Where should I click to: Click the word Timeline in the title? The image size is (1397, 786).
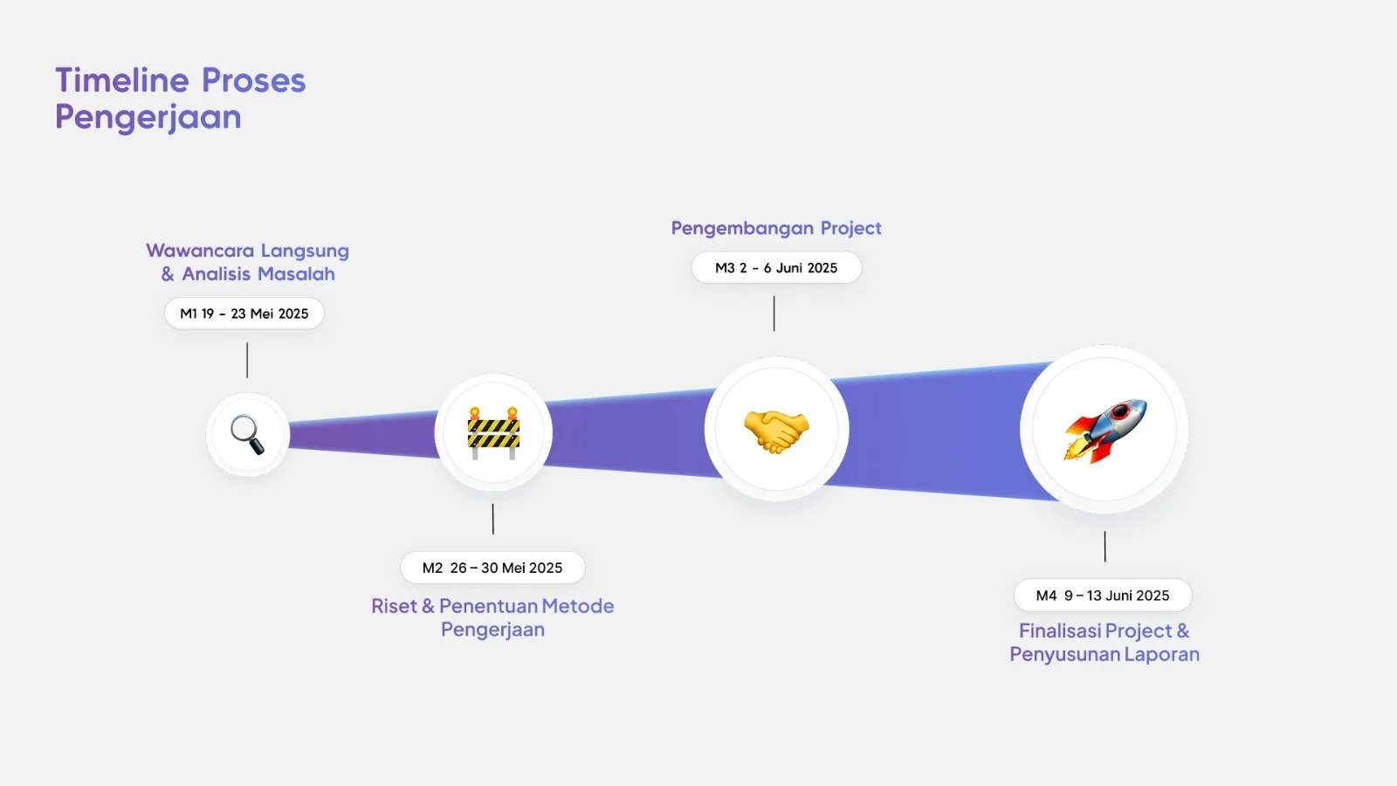click(122, 80)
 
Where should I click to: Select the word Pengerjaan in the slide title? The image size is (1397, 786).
click(148, 117)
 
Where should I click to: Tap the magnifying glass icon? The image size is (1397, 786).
click(248, 435)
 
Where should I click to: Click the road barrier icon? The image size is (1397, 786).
click(493, 433)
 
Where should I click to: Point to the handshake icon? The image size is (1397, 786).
click(776, 431)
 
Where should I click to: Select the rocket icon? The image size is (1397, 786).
click(1105, 431)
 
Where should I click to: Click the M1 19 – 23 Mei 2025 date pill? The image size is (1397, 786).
click(244, 314)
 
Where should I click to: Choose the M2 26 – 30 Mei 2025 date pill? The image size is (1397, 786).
click(492, 568)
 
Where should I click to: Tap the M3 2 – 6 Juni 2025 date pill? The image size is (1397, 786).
click(776, 267)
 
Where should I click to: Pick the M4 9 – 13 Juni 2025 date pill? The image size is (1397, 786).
click(1103, 595)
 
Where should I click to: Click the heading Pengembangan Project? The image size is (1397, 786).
click(776, 228)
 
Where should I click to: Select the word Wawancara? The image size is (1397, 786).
click(200, 251)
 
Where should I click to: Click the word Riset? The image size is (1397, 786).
click(394, 606)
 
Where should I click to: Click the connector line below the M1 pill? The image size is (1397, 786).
click(247, 360)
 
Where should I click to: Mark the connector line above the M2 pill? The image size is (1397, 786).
click(492, 519)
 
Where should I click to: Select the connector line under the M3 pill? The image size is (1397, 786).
click(774, 314)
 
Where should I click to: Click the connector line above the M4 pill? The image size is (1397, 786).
click(1105, 547)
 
